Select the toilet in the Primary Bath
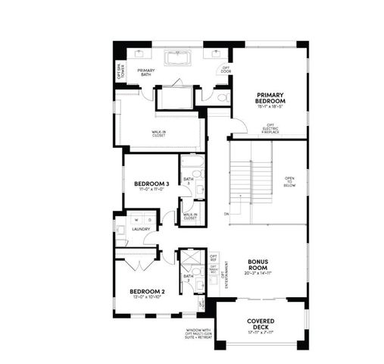pos(223,97)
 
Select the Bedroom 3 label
pos(151,184)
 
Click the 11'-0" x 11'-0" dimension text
pos(151,190)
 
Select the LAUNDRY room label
pos(141,228)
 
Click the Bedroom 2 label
pos(146,291)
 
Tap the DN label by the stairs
pos(226,215)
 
